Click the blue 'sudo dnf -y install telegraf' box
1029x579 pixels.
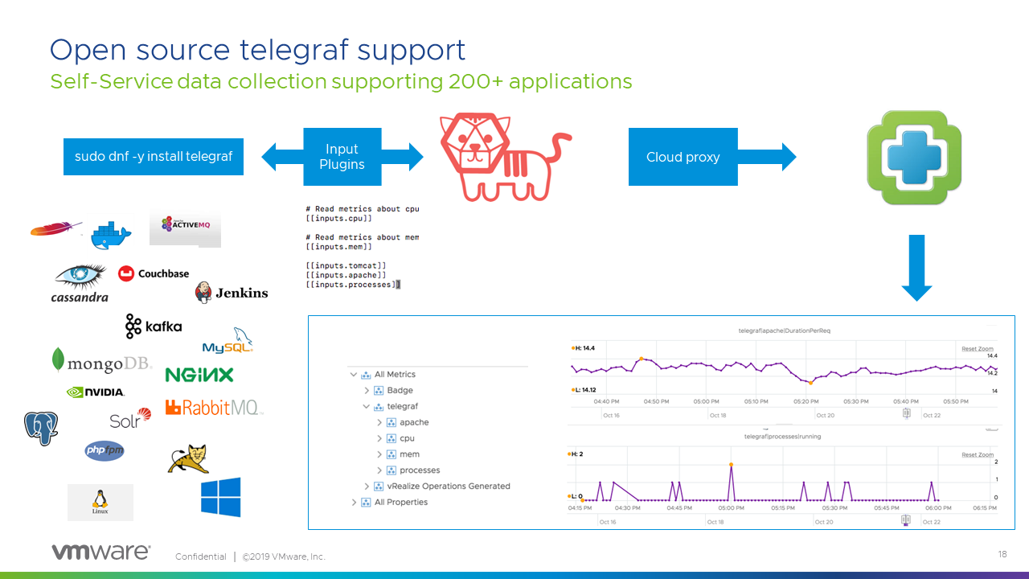pyautogui.click(x=153, y=157)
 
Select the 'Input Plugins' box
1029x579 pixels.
pyautogui.click(x=342, y=157)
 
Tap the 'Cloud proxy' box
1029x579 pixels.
pyautogui.click(x=683, y=157)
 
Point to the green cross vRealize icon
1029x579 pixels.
pyautogui.click(x=913, y=158)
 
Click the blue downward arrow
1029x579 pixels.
pyautogui.click(x=916, y=268)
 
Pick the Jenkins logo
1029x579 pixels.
pyautogui.click(x=232, y=293)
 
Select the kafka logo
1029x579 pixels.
pyautogui.click(x=154, y=326)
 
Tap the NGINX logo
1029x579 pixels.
pyautogui.click(x=199, y=375)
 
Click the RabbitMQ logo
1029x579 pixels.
pyautogui.click(x=214, y=408)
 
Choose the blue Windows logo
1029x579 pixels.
pyautogui.click(x=220, y=497)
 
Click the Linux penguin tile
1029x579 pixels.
pyautogui.click(x=100, y=502)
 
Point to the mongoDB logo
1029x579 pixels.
pyautogui.click(x=101, y=363)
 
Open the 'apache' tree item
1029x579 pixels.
pyautogui.click(x=414, y=422)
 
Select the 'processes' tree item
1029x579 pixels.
pyautogui.click(x=420, y=470)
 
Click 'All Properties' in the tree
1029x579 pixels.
pyautogui.click(x=401, y=503)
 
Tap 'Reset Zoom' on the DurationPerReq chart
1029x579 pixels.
pyautogui.click(x=978, y=349)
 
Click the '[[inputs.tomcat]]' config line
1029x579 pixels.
pyautogui.click(x=346, y=265)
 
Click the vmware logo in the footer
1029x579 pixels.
pyautogui.click(x=100, y=552)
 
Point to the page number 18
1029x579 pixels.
pyautogui.click(x=1002, y=555)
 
